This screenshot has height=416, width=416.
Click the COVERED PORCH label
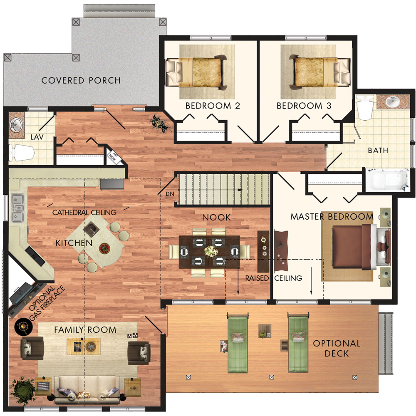tap(81, 80)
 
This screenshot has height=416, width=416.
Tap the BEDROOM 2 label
tap(213, 106)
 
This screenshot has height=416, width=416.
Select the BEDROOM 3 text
tap(304, 106)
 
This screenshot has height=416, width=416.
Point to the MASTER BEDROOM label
tap(332, 216)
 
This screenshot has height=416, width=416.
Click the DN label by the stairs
tap(170, 194)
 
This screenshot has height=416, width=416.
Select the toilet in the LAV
tap(21, 153)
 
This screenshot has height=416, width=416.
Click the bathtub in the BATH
tap(387, 180)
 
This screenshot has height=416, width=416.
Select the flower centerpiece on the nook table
tap(211, 251)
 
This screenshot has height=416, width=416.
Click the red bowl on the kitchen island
tap(104, 248)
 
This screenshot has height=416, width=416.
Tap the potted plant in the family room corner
tap(23, 388)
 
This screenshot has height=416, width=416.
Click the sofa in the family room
tap(87, 389)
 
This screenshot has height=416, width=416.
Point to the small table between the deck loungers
tap(265, 331)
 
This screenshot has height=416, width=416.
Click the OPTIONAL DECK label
tap(337, 348)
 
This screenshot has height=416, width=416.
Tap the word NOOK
tap(216, 218)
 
